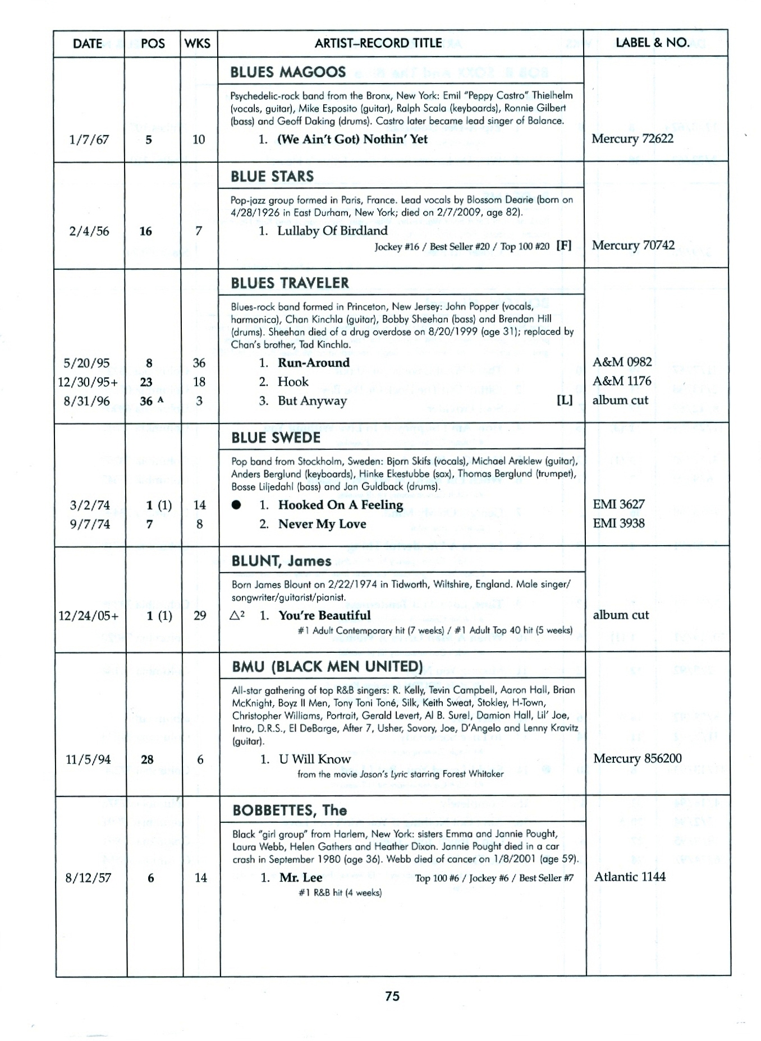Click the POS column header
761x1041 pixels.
click(x=153, y=44)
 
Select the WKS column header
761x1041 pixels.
click(x=197, y=44)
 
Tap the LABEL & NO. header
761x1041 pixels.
click(x=652, y=43)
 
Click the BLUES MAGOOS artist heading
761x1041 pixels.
click(x=288, y=72)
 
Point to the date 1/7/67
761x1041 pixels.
click(x=89, y=140)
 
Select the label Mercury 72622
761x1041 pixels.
click(x=632, y=139)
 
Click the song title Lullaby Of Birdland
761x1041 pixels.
click(x=332, y=231)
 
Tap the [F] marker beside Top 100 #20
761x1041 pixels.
click(x=563, y=245)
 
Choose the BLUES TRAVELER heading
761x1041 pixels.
click(x=290, y=283)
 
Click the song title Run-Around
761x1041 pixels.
click(x=313, y=362)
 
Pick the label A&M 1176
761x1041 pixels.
click(x=622, y=381)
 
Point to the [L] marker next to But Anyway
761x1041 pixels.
click(x=564, y=400)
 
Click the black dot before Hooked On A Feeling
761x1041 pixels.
click(x=236, y=505)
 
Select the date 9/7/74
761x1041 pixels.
click(x=90, y=524)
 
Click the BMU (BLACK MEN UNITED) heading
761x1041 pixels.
click(x=327, y=666)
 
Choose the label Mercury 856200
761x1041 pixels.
click(x=637, y=758)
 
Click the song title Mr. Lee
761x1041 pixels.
click(x=301, y=877)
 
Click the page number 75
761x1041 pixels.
click(x=392, y=996)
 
